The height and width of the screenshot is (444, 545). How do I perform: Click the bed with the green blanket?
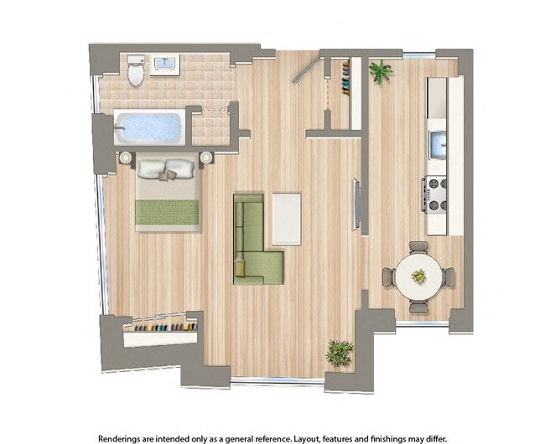tap(168, 194)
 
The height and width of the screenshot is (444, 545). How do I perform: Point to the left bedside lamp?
tap(126, 157)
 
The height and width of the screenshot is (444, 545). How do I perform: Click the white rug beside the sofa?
tap(287, 219)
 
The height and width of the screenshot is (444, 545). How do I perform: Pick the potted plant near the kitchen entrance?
tap(381, 71)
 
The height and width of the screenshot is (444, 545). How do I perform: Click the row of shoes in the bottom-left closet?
tap(161, 326)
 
